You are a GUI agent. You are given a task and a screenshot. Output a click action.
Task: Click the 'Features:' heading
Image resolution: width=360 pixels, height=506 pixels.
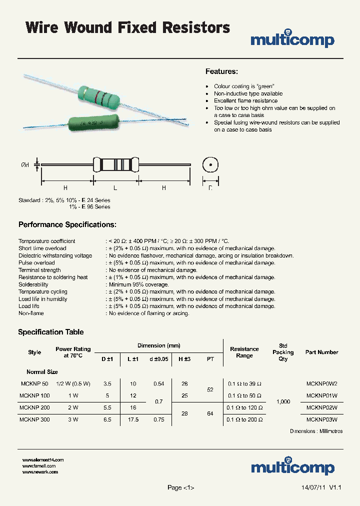221,71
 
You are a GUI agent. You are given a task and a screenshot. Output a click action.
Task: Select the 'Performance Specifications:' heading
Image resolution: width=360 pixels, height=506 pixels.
67,224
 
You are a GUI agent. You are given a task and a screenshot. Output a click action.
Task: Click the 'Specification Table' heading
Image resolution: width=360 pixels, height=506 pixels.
51,332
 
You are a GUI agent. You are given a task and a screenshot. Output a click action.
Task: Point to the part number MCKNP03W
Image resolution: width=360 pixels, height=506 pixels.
321,419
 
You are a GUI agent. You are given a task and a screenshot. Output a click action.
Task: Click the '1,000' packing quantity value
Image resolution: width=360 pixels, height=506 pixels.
283,401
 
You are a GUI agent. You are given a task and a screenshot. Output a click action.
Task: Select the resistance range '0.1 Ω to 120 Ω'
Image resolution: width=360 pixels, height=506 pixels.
244,407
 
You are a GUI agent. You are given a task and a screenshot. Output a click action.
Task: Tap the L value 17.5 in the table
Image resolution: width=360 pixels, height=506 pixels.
133,419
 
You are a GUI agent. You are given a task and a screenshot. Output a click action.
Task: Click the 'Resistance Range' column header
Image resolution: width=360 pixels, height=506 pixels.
244,352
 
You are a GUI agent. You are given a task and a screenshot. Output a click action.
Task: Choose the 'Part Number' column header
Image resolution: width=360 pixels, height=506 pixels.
321,352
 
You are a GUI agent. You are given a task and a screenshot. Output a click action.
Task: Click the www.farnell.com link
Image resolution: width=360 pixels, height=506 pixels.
39,465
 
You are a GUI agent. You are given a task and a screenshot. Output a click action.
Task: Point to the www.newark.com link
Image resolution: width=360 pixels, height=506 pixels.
40,471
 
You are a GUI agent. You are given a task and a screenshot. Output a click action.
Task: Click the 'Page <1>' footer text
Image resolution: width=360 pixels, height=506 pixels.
180,487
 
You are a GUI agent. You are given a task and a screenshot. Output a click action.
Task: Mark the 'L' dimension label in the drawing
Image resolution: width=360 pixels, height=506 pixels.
115,187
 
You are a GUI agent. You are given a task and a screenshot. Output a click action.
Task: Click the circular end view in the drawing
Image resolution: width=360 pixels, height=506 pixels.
210,165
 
